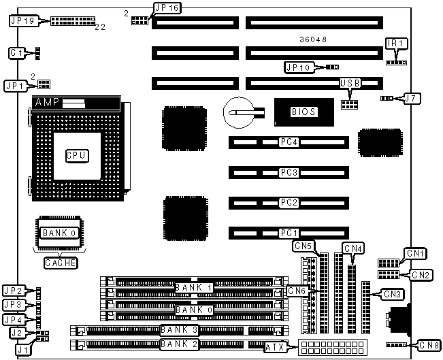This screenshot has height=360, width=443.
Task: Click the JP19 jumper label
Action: pyautogui.click(x=22, y=20)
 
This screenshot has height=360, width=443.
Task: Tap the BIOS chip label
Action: pyautogui.click(x=303, y=112)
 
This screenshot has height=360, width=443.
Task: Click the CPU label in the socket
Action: pyautogui.click(x=76, y=156)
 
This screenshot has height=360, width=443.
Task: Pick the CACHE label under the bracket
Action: pyautogui.click(x=60, y=263)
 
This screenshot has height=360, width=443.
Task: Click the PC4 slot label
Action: pyautogui.click(x=289, y=142)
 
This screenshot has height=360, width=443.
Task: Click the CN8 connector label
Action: pyautogui.click(x=429, y=344)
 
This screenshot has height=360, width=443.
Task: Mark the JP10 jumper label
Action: pyautogui.click(x=298, y=67)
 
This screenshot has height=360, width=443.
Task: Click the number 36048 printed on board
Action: pyautogui.click(x=313, y=40)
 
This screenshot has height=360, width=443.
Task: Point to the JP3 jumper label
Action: pyautogui.click(x=14, y=304)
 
